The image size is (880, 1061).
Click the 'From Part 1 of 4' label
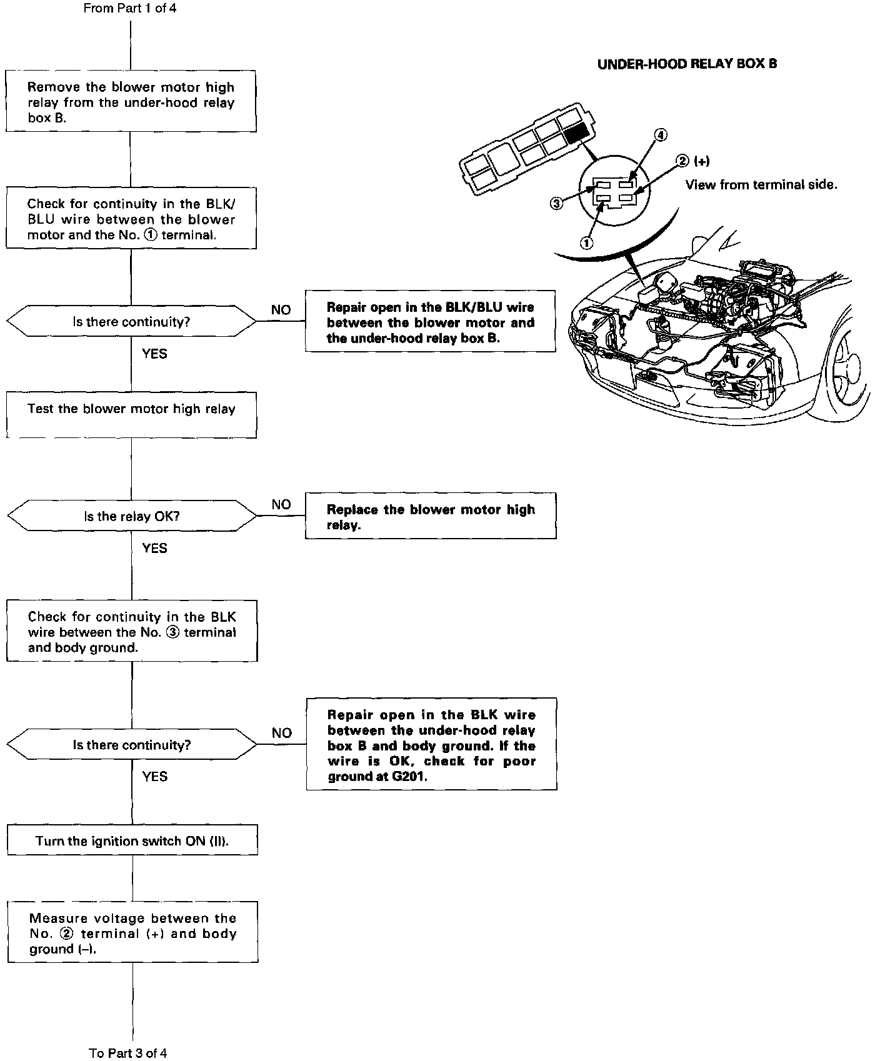(x=130, y=9)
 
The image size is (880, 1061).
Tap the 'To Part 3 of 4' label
(x=128, y=1053)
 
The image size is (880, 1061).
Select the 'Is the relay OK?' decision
(x=132, y=516)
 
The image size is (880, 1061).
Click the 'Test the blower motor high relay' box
(x=131, y=414)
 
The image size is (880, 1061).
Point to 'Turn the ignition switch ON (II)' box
(x=132, y=840)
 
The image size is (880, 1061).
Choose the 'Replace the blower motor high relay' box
(x=431, y=516)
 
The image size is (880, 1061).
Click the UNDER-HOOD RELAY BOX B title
(x=687, y=64)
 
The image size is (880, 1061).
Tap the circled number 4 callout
(x=661, y=135)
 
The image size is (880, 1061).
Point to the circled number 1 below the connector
(x=587, y=243)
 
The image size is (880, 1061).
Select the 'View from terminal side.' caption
(x=761, y=184)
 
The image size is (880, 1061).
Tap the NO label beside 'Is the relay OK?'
(x=281, y=505)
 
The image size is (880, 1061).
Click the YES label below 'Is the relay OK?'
(x=154, y=548)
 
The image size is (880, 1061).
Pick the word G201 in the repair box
(x=410, y=777)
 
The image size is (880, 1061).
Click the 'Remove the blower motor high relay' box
(x=131, y=101)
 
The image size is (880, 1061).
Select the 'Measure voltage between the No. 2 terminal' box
(x=132, y=933)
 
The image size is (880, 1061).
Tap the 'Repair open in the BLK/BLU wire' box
(x=430, y=322)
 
